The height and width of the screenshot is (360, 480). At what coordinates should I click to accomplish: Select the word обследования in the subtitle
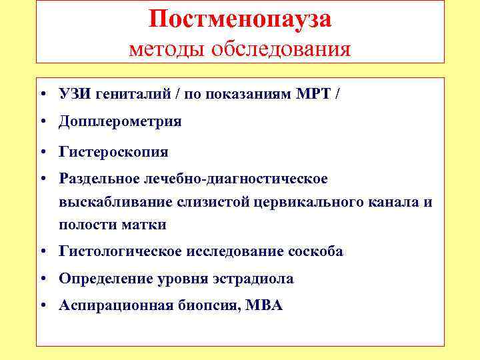282,49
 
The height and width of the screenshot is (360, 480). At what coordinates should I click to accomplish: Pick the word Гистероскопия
113,152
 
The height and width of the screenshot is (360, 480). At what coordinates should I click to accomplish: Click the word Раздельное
99,179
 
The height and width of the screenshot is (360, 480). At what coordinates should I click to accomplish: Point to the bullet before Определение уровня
42,279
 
